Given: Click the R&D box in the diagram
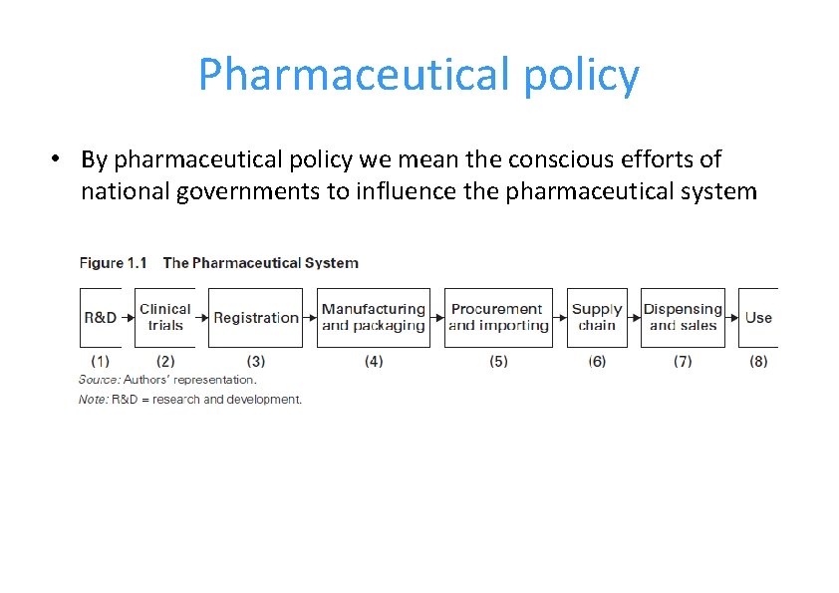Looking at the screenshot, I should pos(100,318).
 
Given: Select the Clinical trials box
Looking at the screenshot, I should pos(165,318).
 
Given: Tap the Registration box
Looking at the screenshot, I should pos(256,318).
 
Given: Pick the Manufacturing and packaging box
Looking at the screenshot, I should pos(374,318).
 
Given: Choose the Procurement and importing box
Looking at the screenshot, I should pos(498,318).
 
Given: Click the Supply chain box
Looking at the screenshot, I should pos(597,318).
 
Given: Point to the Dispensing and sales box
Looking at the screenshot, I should pos(683,318).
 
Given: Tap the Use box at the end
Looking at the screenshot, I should pos(758,318).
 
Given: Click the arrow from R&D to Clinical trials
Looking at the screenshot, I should pos(129,318).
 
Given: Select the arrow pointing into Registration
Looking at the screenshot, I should pos(202,318).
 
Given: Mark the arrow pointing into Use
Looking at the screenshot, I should pos(733,318).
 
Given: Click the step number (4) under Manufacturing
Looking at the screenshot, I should pos(374,361).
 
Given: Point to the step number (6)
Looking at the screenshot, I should pos(597,361).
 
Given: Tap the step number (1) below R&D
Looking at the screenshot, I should pos(100,361).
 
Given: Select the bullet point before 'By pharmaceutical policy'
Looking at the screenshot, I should pos(60,159).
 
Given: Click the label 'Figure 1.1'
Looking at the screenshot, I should pos(113,263).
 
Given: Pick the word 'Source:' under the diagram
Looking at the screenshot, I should pos(99,380).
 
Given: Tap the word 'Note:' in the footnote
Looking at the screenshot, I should pos(94,400).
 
